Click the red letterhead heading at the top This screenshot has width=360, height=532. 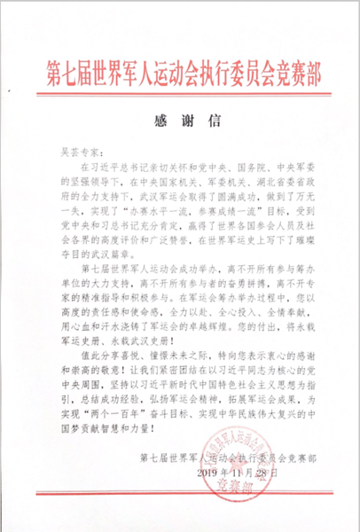[x=180, y=69]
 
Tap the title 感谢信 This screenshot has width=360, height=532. [x=179, y=121]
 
